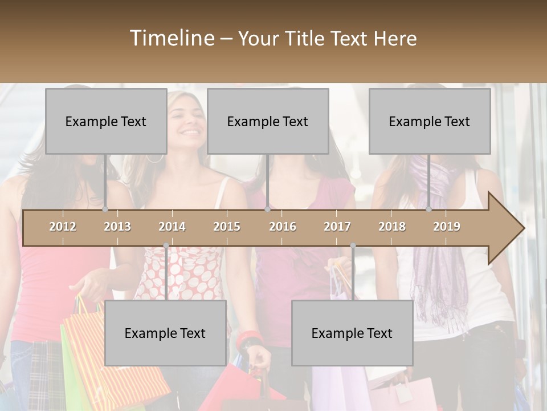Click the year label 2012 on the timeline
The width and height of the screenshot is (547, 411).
tap(63, 227)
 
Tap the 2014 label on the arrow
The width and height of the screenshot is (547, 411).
tap(172, 227)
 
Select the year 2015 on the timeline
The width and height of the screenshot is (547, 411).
tap(227, 227)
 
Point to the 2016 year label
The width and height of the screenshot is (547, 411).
tap(283, 227)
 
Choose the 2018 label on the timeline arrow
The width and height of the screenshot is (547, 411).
tap(392, 227)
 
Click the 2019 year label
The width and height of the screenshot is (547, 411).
tap(447, 227)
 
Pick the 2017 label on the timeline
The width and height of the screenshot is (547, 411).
tap(337, 227)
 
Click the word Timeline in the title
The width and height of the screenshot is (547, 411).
tap(172, 38)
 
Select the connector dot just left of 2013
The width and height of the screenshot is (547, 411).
tap(105, 209)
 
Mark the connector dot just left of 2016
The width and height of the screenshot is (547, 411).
tap(267, 209)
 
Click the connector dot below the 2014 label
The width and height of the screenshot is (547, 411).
tap(166, 245)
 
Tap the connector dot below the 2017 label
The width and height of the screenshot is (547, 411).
tap(353, 245)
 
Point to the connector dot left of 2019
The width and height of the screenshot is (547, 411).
tap(429, 209)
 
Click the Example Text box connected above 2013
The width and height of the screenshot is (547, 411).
tap(106, 121)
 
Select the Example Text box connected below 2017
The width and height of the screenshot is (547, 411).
tap(352, 333)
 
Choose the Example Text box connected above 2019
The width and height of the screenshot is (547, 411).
tap(430, 121)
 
